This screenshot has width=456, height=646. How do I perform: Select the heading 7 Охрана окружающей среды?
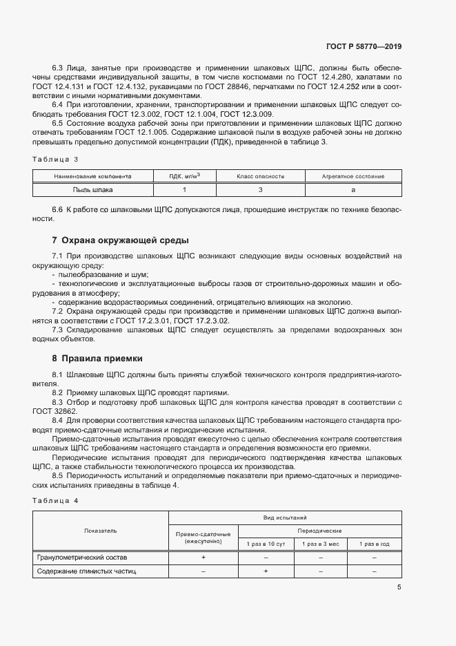coord(121,240)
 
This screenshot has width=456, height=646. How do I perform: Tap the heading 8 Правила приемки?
coord(97,359)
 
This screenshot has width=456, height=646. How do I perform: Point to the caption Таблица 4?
coord(56,500)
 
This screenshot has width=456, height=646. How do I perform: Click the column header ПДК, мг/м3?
coord(184,176)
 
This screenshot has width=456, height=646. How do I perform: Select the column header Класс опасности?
coord(260,177)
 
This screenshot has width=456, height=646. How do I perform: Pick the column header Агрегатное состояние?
coord(353,177)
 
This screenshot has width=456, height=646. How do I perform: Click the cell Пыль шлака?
coord(92,189)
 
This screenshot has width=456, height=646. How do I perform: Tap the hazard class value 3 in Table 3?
coord(260,189)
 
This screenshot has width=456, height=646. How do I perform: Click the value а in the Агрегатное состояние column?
coord(353,189)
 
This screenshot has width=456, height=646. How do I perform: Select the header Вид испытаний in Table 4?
coord(285,517)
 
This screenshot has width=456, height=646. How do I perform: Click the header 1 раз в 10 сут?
coord(266,544)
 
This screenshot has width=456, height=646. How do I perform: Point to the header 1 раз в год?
coord(374,544)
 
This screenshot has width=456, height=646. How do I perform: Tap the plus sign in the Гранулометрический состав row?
coord(204,557)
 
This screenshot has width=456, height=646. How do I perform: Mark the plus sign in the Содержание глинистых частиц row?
coord(266,571)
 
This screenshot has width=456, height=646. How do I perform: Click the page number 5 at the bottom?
coord(399,587)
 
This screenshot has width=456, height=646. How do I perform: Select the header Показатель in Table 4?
coord(101,531)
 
